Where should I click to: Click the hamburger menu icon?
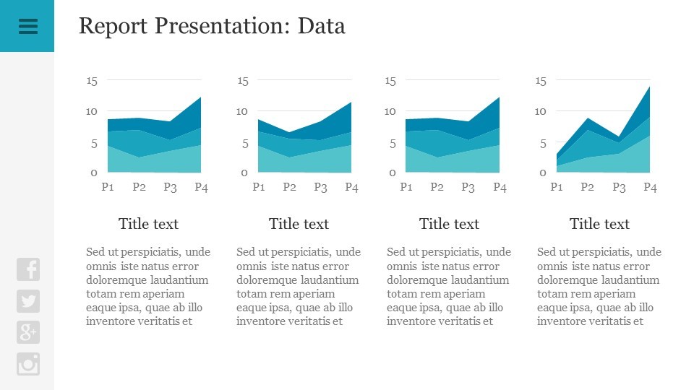(x=27, y=26)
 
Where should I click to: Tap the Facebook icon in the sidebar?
(x=28, y=269)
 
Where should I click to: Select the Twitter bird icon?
(x=28, y=301)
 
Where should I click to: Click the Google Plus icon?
(x=28, y=332)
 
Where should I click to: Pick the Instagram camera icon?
(x=28, y=364)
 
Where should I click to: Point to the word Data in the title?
(x=322, y=26)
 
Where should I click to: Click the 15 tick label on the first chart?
(x=92, y=81)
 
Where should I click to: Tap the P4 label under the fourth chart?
(x=650, y=188)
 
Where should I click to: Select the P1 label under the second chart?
(x=258, y=188)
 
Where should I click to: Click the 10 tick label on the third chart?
(x=390, y=111)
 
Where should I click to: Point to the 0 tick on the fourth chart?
(x=542, y=173)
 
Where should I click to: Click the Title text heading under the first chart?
(x=148, y=224)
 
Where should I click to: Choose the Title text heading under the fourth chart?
(x=599, y=224)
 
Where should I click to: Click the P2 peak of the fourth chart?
(x=588, y=118)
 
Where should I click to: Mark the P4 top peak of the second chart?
(x=351, y=103)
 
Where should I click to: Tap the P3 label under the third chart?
(x=468, y=188)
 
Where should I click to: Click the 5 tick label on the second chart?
(x=244, y=143)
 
